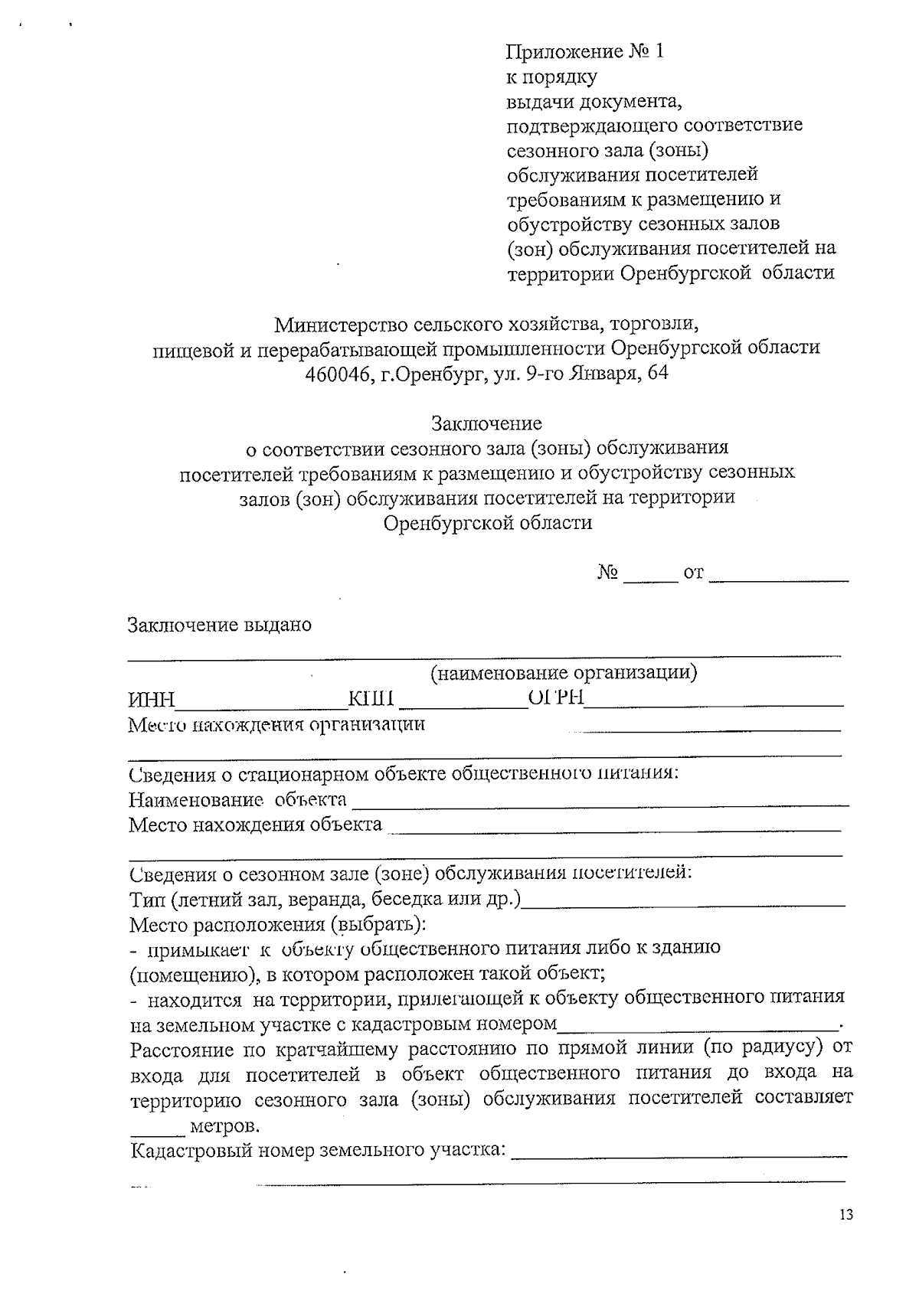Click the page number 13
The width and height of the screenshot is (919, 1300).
tap(845, 1215)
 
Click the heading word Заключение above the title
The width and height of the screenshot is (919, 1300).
tap(486, 423)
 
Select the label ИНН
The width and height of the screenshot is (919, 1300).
tap(152, 700)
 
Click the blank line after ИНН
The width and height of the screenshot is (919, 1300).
tap(261, 701)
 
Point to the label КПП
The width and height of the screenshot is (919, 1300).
tap(371, 698)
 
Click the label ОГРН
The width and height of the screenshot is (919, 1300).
tap(557, 697)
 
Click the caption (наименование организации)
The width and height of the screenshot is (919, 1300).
tap(564, 673)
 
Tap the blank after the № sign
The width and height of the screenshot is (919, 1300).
tap(650, 577)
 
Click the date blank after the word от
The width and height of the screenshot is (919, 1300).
tap(778, 577)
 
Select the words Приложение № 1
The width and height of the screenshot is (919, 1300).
tap(585, 51)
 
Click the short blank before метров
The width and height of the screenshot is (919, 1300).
tap(156, 1130)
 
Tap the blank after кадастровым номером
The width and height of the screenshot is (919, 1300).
tap(698, 1026)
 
